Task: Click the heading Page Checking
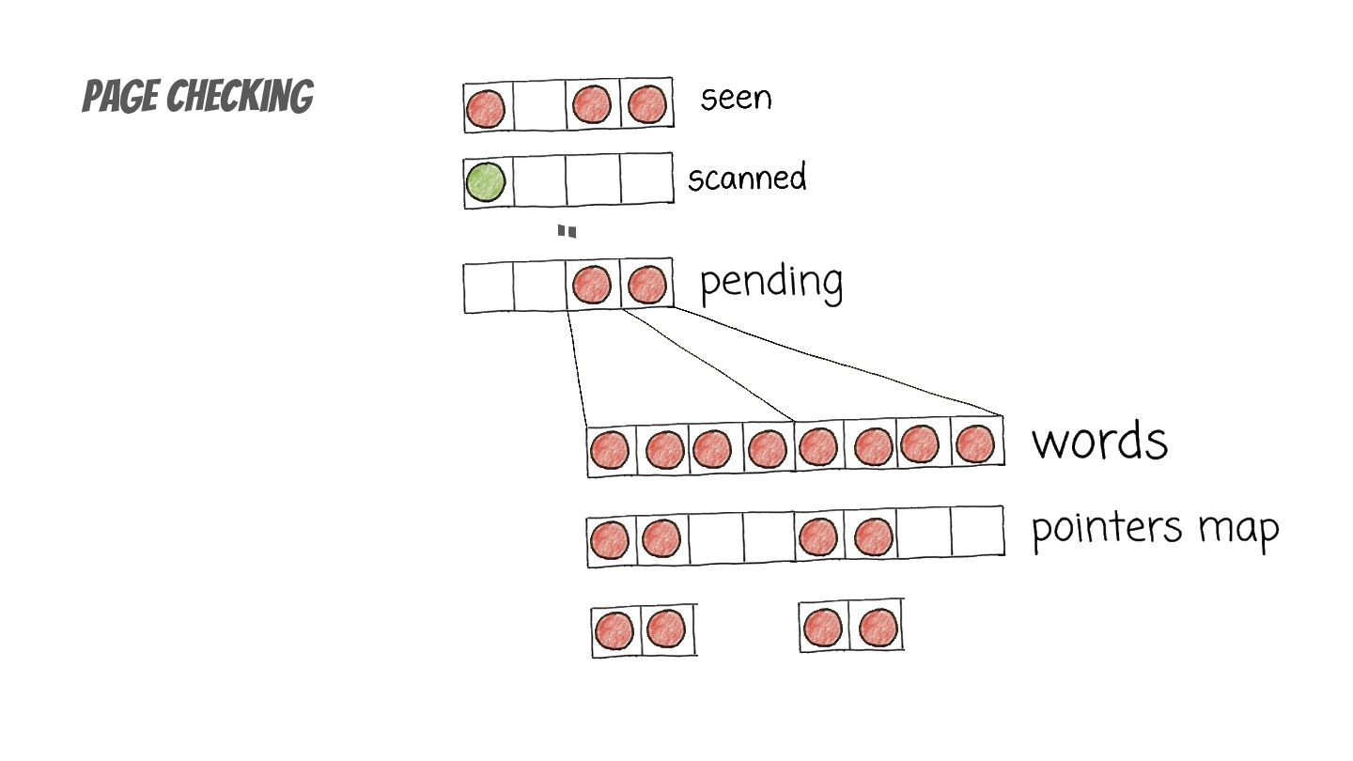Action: point(197,97)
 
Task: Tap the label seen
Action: point(736,98)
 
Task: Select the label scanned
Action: point(747,178)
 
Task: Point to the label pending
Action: point(771,281)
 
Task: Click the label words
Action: point(1099,441)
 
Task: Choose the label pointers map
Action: point(1155,528)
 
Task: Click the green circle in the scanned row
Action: point(486,181)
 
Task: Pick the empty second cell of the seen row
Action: point(538,106)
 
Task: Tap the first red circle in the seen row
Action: point(486,109)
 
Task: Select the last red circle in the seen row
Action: point(647,104)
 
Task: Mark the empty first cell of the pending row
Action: point(489,287)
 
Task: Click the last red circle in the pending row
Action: point(646,285)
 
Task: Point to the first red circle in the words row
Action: point(610,451)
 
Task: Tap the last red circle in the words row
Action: point(974,443)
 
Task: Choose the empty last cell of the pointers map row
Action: point(976,533)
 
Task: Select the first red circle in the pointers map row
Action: point(610,541)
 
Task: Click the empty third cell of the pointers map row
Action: point(716,538)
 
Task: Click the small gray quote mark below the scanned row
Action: point(566,231)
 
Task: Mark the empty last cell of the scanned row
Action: point(646,178)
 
